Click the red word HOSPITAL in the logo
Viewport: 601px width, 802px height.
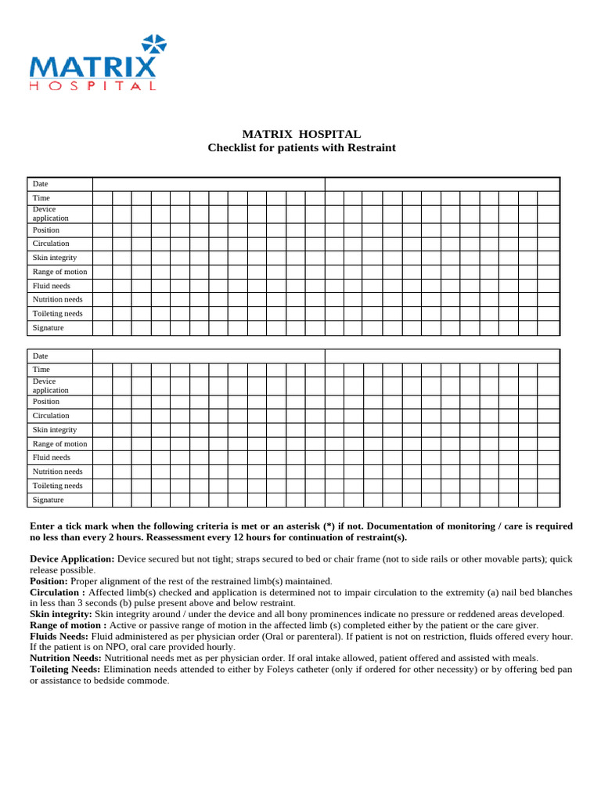pos(92,85)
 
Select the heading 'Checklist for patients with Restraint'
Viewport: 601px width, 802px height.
pos(301,147)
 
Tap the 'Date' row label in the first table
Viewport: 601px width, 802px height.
pos(41,184)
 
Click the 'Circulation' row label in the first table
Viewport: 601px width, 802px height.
pos(51,244)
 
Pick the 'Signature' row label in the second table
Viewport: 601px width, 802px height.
pos(49,500)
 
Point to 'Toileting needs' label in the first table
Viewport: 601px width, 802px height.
pos(57,313)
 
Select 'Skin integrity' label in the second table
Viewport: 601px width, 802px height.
pos(55,430)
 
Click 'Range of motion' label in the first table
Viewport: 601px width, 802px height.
pos(59,272)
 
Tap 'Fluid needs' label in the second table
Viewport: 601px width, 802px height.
pos(52,457)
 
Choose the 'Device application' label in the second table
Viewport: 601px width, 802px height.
pos(50,385)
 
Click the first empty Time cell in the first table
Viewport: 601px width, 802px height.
pos(103,198)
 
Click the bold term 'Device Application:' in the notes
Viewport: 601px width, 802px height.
pos(72,558)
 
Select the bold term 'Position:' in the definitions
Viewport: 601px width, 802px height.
pos(49,581)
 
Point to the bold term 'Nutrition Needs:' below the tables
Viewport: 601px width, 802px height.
pos(66,658)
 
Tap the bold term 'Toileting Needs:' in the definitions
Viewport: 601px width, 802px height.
pos(65,669)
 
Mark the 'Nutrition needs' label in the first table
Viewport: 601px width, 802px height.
pos(57,299)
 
